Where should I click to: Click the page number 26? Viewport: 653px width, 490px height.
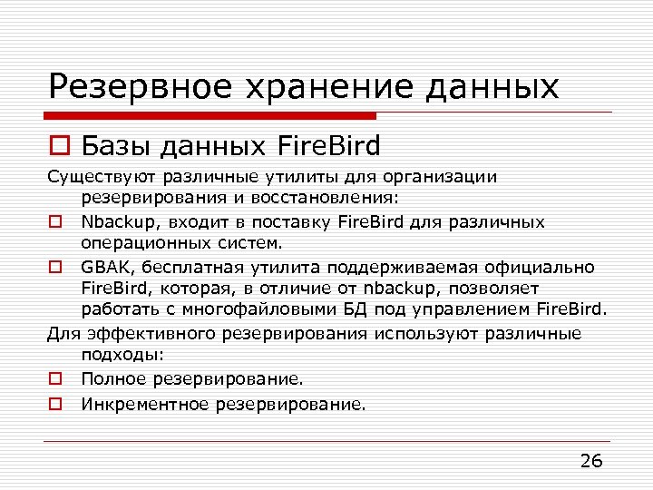[590, 461]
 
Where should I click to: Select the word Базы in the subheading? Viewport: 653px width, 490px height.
[113, 145]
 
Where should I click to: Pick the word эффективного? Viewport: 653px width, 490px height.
[143, 333]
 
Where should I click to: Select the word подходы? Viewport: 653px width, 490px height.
[119, 355]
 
